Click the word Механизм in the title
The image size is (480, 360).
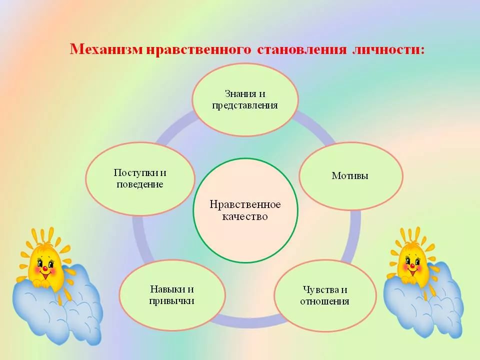(x=106, y=49)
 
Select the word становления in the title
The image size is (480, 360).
(x=301, y=49)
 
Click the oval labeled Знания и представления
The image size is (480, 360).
(x=245, y=99)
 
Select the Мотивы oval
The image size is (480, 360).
(x=351, y=175)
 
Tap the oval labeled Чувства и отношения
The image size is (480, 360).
(x=325, y=295)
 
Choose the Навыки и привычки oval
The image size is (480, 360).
(x=172, y=295)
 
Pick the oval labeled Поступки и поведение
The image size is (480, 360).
(x=140, y=179)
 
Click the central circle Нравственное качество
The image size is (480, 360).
(x=245, y=210)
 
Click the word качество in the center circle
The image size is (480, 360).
(x=245, y=216)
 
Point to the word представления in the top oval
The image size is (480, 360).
(x=245, y=106)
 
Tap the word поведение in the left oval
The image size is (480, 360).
(x=140, y=184)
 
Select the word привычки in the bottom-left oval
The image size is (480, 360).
(x=171, y=301)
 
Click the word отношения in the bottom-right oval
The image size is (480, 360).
(x=324, y=301)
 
